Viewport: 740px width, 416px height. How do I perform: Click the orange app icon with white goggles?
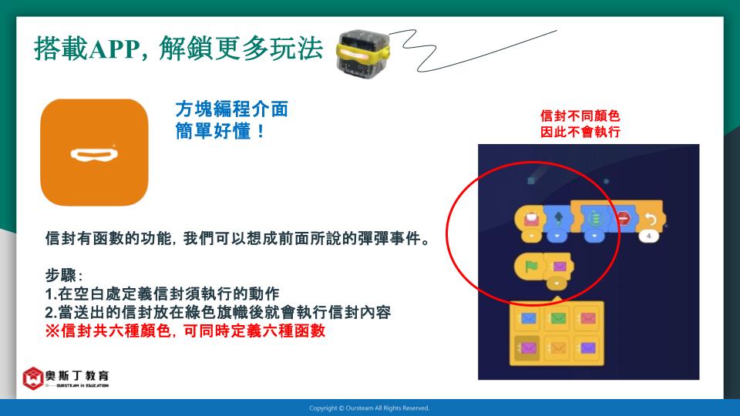94,153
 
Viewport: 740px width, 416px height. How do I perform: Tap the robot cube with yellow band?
362,52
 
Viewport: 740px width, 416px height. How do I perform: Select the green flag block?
531,267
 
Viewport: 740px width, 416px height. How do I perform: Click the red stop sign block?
624,219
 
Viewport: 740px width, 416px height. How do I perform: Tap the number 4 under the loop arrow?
649,236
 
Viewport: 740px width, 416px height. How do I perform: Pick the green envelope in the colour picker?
558,318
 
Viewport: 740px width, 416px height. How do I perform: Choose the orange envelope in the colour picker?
558,348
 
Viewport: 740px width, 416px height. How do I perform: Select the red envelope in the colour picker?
587,318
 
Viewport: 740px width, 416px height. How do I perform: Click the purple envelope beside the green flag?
560,267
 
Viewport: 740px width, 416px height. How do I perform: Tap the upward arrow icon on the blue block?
558,218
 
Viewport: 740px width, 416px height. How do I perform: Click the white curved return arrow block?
651,219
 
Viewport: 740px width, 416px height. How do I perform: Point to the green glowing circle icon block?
594,218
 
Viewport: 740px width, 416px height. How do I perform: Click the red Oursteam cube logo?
33,378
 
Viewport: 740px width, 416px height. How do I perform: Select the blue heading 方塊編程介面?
232,109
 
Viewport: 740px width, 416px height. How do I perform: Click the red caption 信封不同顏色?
580,116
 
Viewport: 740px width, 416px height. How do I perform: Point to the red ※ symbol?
52,330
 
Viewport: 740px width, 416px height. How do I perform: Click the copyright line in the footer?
369,408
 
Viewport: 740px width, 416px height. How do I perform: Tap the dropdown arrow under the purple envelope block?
557,284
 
